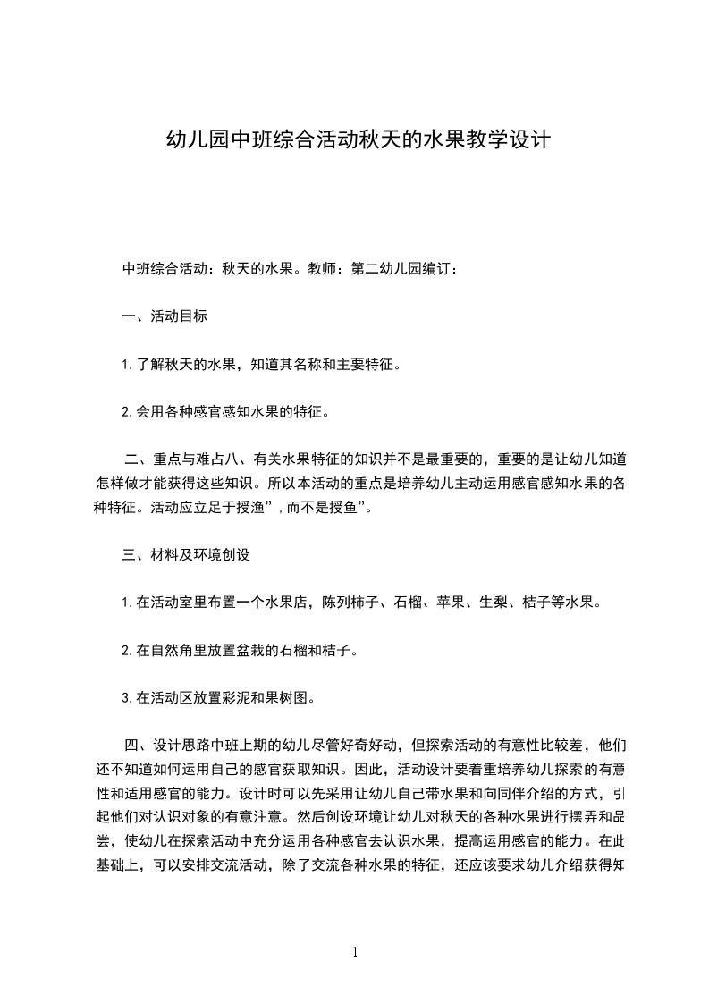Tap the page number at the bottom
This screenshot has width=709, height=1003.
[x=355, y=952]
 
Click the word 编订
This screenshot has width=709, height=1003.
[x=441, y=267]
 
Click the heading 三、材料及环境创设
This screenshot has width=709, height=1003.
[x=185, y=554]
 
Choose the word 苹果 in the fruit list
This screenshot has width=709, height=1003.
[x=472, y=603]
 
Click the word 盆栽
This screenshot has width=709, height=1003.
[x=257, y=650]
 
